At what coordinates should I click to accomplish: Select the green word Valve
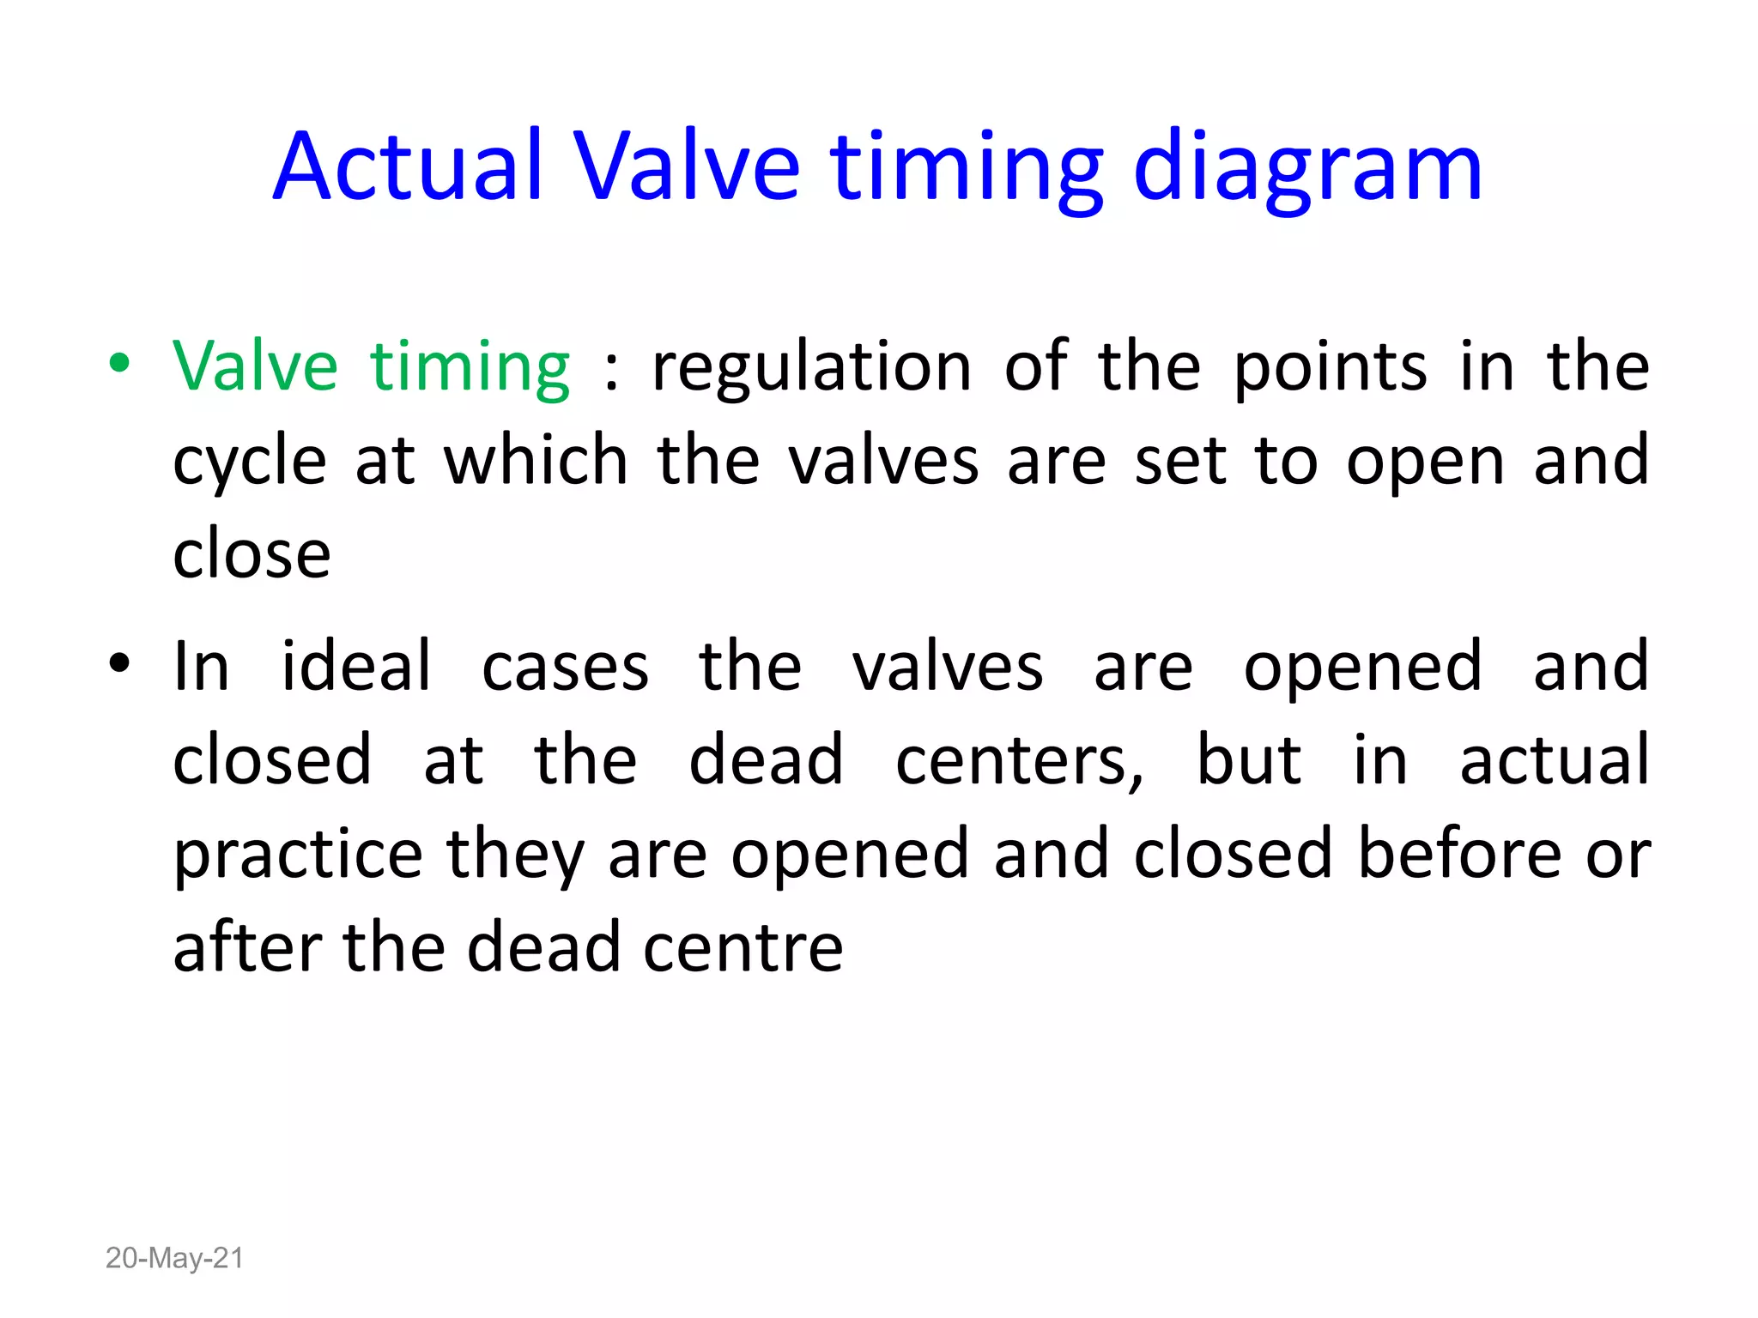pos(255,366)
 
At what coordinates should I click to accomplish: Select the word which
pos(536,461)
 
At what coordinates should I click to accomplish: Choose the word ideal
pos(356,667)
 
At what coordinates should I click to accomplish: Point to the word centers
pos(1019,760)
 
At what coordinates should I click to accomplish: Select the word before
pos(1460,855)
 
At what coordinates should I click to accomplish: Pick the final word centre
pos(743,947)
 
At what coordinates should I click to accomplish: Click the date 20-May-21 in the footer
pos(174,1258)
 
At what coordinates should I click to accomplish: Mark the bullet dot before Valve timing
pos(119,363)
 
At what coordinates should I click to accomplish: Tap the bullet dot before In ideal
pos(119,663)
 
